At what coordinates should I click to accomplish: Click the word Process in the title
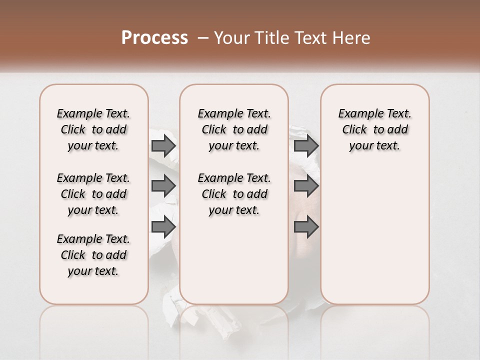(154, 38)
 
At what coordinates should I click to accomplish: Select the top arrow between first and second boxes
(163, 146)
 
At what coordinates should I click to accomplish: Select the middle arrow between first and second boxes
(163, 186)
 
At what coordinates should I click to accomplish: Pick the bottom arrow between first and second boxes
(163, 227)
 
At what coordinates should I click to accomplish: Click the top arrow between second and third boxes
(306, 146)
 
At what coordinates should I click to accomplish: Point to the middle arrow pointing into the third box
(306, 186)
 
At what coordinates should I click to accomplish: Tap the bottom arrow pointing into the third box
(306, 227)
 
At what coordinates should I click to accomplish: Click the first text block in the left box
(93, 129)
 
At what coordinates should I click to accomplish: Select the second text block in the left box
(93, 194)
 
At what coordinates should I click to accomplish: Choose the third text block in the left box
(93, 255)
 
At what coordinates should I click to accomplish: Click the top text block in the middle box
(234, 129)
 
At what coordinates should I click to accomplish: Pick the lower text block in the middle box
(234, 194)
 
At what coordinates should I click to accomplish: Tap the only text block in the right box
(374, 129)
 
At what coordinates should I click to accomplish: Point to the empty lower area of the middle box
(234, 260)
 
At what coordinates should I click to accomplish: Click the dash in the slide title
(203, 38)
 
